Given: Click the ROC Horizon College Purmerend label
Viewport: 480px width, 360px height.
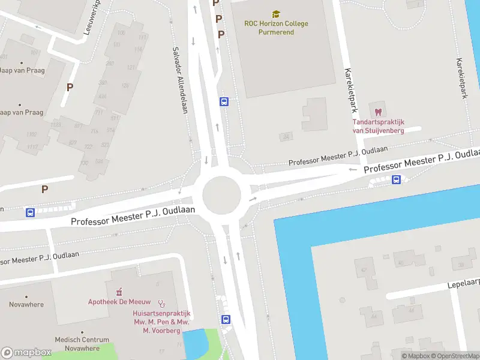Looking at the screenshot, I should pyautogui.click(x=276, y=28).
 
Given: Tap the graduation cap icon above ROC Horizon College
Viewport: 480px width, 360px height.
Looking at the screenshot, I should pyautogui.click(x=276, y=13).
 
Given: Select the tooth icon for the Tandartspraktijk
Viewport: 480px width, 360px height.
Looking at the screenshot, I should pyautogui.click(x=378, y=112).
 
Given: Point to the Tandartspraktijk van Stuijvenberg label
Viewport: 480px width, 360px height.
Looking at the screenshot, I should pyautogui.click(x=378, y=127).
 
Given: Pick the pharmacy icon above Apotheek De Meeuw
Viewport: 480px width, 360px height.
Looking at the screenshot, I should pyautogui.click(x=119, y=292).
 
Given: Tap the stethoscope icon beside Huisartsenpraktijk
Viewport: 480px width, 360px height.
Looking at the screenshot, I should pyautogui.click(x=161, y=304).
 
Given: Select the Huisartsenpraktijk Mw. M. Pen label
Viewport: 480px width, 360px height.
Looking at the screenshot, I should pyautogui.click(x=161, y=322).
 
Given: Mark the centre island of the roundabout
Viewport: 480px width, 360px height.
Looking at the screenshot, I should pyautogui.click(x=221, y=195).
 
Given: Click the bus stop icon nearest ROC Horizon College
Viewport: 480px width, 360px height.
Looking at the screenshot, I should pyautogui.click(x=224, y=102).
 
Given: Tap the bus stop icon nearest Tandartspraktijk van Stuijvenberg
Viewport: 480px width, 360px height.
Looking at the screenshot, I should pyautogui.click(x=396, y=179).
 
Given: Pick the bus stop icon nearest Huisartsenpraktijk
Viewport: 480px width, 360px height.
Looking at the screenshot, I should pyautogui.click(x=226, y=320).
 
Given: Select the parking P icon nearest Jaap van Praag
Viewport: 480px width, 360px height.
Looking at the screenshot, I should pyautogui.click(x=70, y=87).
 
